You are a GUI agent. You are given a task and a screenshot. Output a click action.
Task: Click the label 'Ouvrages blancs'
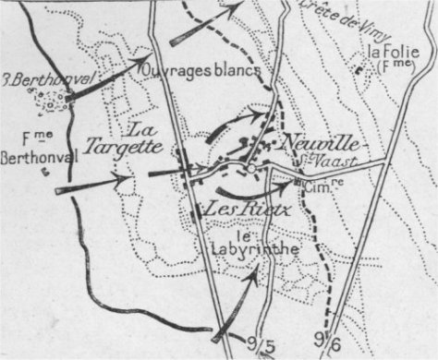point(201,67)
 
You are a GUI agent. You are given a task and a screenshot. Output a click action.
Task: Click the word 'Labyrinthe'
point(237,247)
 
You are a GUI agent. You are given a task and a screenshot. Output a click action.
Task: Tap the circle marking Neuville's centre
point(250,169)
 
